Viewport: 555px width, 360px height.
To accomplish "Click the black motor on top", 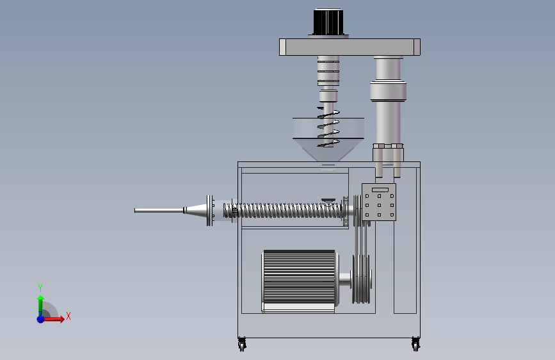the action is (x=328, y=22).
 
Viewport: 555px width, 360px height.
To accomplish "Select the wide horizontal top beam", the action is (x=350, y=47).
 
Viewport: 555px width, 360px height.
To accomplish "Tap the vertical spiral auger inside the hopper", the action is (x=329, y=127).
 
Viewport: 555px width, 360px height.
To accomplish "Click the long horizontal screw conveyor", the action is (x=283, y=211).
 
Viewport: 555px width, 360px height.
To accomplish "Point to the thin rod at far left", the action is (x=159, y=211).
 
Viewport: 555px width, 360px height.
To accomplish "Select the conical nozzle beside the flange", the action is (x=196, y=211).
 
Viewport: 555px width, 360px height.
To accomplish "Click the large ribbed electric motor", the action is (x=300, y=281).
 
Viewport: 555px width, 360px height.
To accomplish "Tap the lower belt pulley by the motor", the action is (x=362, y=279).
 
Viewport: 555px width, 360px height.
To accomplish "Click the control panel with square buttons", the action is (x=379, y=202).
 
